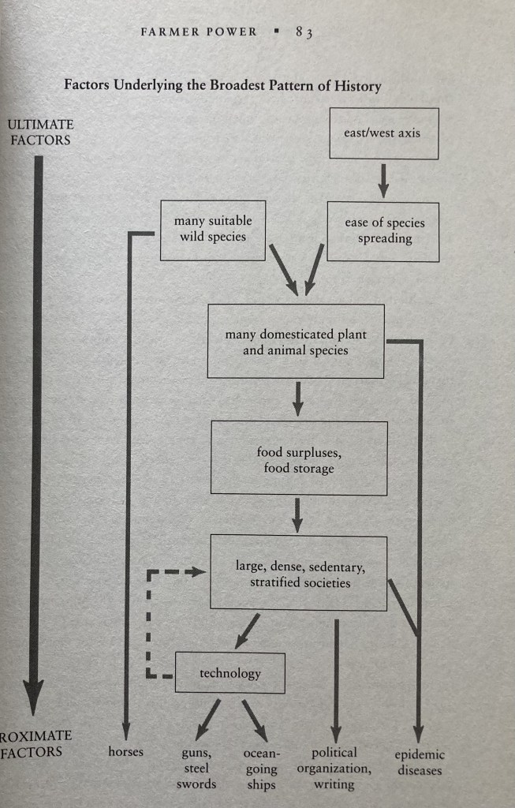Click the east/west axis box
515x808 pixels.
(383, 133)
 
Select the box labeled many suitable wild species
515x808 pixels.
(212, 230)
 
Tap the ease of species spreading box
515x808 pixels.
(384, 230)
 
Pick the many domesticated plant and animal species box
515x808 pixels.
(296, 342)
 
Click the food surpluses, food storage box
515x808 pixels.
(299, 458)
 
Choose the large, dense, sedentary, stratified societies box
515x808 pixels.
(299, 574)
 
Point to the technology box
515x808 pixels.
(230, 673)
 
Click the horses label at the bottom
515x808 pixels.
(126, 751)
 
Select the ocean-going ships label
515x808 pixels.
(261, 769)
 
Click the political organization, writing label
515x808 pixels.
(334, 769)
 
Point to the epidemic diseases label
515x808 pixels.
(419, 762)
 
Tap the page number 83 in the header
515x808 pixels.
(304, 32)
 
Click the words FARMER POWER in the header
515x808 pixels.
(198, 32)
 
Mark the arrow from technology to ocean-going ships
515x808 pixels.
(254, 717)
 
